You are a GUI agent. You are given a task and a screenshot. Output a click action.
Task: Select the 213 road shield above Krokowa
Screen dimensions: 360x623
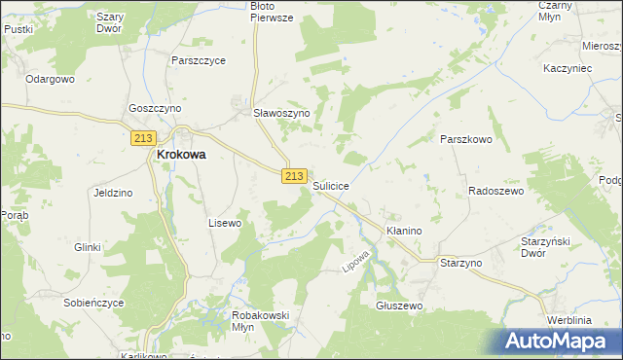click(x=142, y=139)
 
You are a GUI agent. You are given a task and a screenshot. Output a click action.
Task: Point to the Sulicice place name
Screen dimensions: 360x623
click(x=331, y=184)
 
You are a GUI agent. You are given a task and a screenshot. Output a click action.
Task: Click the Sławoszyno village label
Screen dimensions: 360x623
click(x=281, y=113)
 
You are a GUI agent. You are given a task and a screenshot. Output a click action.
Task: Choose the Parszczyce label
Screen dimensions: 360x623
click(x=198, y=60)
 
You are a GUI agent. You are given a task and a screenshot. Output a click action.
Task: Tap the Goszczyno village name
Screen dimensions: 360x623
click(x=155, y=109)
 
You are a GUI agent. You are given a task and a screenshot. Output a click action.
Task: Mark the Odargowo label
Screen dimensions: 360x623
click(x=51, y=79)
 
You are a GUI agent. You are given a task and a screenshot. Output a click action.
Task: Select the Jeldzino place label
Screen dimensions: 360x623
click(x=112, y=193)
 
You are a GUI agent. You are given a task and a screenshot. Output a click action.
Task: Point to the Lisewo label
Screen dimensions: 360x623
click(x=225, y=223)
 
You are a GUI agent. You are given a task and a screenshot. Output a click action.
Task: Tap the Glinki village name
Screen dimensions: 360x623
click(x=88, y=247)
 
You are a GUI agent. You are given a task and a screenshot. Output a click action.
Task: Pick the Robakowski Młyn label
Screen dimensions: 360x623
click(x=257, y=322)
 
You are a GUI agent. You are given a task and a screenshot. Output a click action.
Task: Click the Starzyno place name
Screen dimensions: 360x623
click(x=461, y=264)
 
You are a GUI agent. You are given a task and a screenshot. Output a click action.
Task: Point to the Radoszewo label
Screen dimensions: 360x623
click(x=495, y=192)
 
